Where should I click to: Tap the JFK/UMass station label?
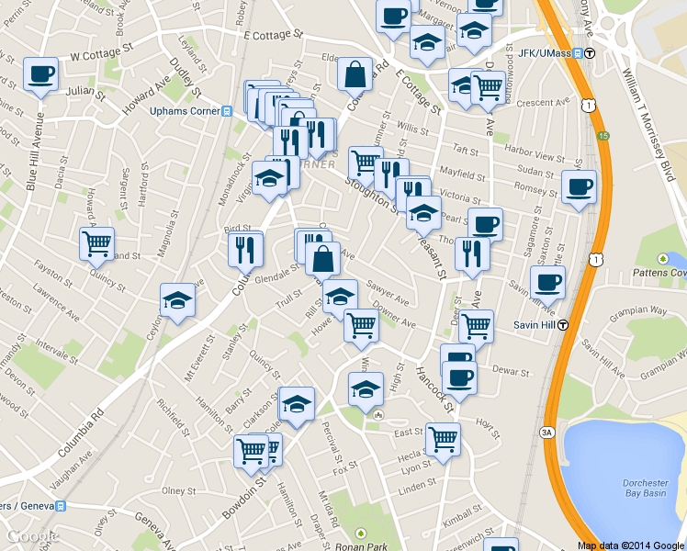tap(544, 52)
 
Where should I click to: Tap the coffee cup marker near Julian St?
tap(40, 73)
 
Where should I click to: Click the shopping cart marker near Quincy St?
tap(96, 244)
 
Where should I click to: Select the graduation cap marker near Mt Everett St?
tap(177, 300)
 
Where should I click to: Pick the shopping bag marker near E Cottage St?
tap(355, 73)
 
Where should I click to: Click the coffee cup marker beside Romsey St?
tap(579, 187)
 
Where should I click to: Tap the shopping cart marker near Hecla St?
tap(443, 438)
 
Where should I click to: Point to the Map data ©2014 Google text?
tap(631, 545)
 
